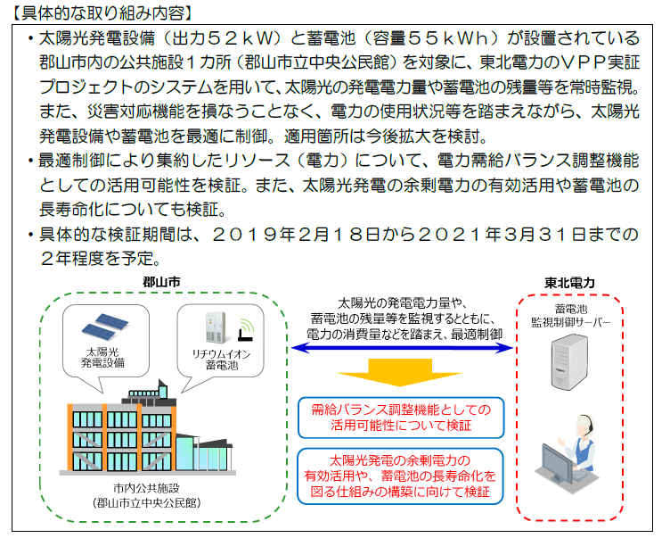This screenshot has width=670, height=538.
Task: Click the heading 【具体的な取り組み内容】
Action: [x=102, y=12]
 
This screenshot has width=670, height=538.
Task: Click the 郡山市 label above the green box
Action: [x=161, y=282]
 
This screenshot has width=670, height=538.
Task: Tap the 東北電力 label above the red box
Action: [x=569, y=283]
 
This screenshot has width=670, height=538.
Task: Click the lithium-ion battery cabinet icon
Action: [x=216, y=327]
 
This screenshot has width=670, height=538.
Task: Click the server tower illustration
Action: [x=569, y=362]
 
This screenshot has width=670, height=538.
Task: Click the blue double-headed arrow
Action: [x=402, y=348]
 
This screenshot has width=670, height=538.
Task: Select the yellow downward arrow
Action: [x=400, y=372]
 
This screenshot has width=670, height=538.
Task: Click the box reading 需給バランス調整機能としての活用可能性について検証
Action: [x=401, y=418]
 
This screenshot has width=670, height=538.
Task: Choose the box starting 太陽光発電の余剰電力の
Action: [x=400, y=476]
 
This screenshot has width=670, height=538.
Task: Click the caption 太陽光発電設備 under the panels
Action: [x=102, y=358]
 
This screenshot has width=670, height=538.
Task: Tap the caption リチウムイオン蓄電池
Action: [x=221, y=360]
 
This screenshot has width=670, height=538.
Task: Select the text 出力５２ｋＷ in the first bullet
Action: [x=221, y=38]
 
